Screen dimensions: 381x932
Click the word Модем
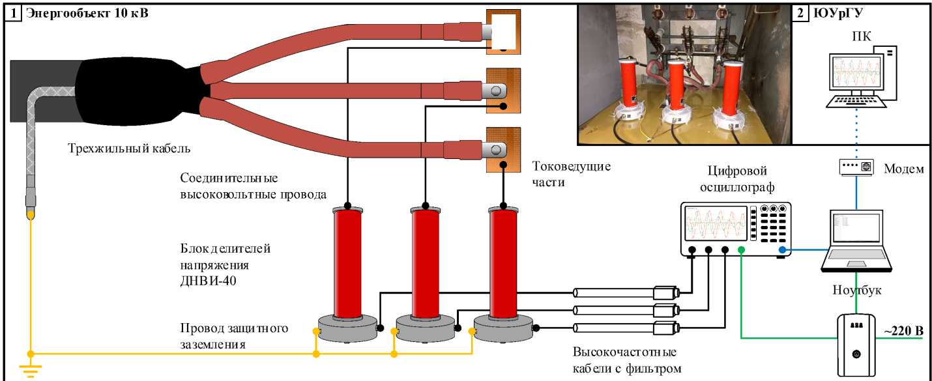(903, 169)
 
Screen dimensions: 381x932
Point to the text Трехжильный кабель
(129, 148)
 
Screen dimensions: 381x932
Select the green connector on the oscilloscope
(741, 250)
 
